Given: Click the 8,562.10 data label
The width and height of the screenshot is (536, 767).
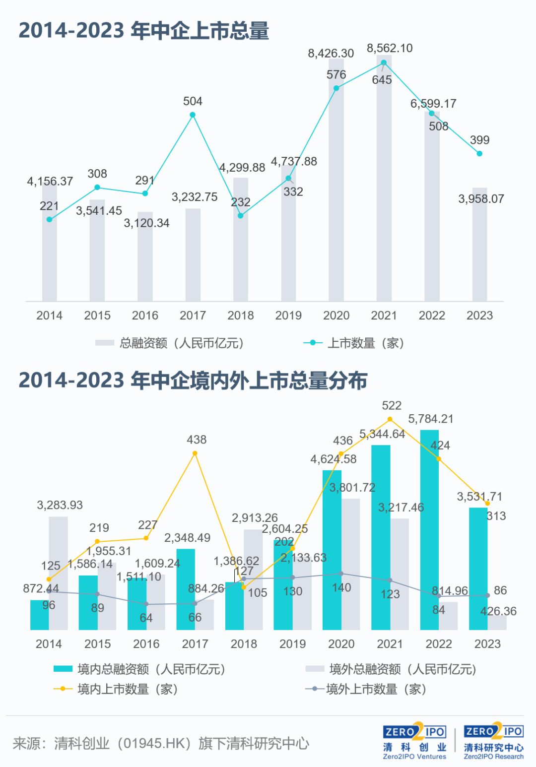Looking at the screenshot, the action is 390,48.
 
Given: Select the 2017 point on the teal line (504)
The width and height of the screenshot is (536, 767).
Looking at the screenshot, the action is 193,115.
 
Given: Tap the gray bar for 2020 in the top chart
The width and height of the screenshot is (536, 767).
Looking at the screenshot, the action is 336,180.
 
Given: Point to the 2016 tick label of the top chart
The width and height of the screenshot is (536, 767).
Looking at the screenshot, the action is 145,316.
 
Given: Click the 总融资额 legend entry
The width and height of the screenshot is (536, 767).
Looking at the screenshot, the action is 170,343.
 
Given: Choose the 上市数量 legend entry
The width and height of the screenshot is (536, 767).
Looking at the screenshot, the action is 353,343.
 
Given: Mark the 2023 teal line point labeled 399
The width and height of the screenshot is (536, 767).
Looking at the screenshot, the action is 479,154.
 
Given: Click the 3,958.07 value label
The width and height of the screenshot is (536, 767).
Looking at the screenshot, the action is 481,199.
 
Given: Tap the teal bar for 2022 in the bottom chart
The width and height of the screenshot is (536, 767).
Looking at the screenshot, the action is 429,530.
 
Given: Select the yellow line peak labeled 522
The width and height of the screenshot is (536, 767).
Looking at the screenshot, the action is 390,419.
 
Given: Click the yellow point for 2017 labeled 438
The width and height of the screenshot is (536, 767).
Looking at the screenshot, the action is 195,453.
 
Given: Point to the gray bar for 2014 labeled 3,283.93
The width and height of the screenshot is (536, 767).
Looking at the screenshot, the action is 58,573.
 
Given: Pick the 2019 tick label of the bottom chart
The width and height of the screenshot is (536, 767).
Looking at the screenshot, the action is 292,644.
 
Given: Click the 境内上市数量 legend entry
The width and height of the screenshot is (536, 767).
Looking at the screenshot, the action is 116,689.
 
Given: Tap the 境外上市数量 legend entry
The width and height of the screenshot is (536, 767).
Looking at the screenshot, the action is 366,689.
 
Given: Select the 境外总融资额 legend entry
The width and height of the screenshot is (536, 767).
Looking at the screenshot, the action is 391,669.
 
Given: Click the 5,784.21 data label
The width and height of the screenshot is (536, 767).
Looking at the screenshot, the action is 430,419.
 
